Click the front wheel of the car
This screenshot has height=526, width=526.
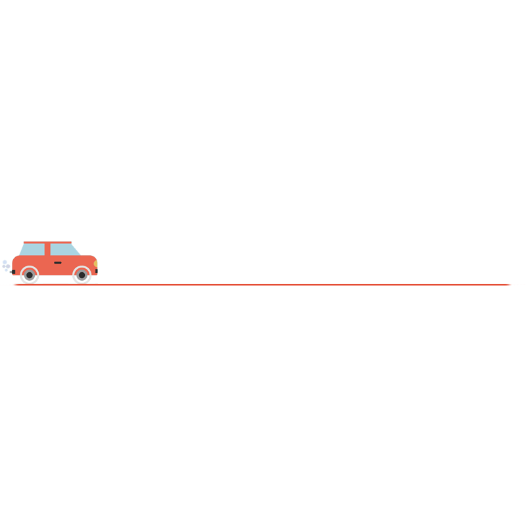pyautogui.click(x=82, y=275)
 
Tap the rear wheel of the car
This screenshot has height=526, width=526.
pyautogui.click(x=30, y=275)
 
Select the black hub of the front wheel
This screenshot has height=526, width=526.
pyautogui.click(x=82, y=275)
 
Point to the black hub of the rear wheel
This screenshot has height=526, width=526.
pyautogui.click(x=30, y=275)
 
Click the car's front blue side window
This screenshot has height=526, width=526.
pyautogui.click(x=64, y=250)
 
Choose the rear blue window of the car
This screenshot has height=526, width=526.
pyautogui.click(x=34, y=250)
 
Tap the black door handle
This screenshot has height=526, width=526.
pyautogui.click(x=58, y=262)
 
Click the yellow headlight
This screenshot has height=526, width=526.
pyautogui.click(x=95, y=264)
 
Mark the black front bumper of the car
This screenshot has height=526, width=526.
pyautogui.click(x=97, y=271)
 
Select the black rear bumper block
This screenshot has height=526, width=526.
pyautogui.click(x=13, y=272)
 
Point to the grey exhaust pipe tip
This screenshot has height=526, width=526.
pyautogui.click(x=11, y=272)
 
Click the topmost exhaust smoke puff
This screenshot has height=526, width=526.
pyautogui.click(x=5, y=262)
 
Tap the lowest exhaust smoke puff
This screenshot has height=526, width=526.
pyautogui.click(x=7, y=270)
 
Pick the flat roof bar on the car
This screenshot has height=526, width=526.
pyautogui.click(x=47, y=243)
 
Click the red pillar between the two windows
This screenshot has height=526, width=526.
pyautogui.click(x=47, y=250)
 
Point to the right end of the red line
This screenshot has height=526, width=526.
pyautogui.click(x=510, y=285)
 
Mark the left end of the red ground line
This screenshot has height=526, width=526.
pyautogui.click(x=14, y=285)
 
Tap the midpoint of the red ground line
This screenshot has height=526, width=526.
pyautogui.click(x=262, y=285)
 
